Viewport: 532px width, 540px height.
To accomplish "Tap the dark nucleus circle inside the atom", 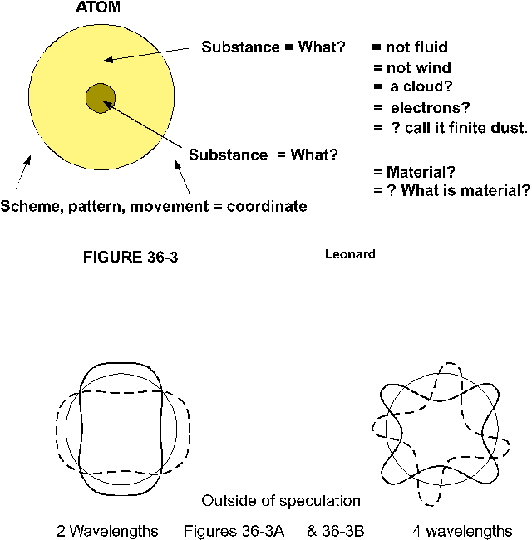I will [x=101, y=98].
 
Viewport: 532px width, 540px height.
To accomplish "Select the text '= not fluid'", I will [x=409, y=47].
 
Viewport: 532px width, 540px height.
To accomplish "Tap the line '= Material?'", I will [x=413, y=173].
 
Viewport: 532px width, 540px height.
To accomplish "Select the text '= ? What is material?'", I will [x=451, y=191].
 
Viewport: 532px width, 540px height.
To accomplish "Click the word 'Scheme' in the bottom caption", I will [x=27, y=206].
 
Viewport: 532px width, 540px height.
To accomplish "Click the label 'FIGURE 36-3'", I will [x=131, y=257].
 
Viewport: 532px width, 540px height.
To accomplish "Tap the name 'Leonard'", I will [x=349, y=254].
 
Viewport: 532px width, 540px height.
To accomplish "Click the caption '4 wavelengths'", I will [x=462, y=531].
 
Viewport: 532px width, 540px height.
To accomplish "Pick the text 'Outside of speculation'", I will [x=281, y=501].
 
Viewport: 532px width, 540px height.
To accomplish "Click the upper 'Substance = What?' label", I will [x=273, y=47].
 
